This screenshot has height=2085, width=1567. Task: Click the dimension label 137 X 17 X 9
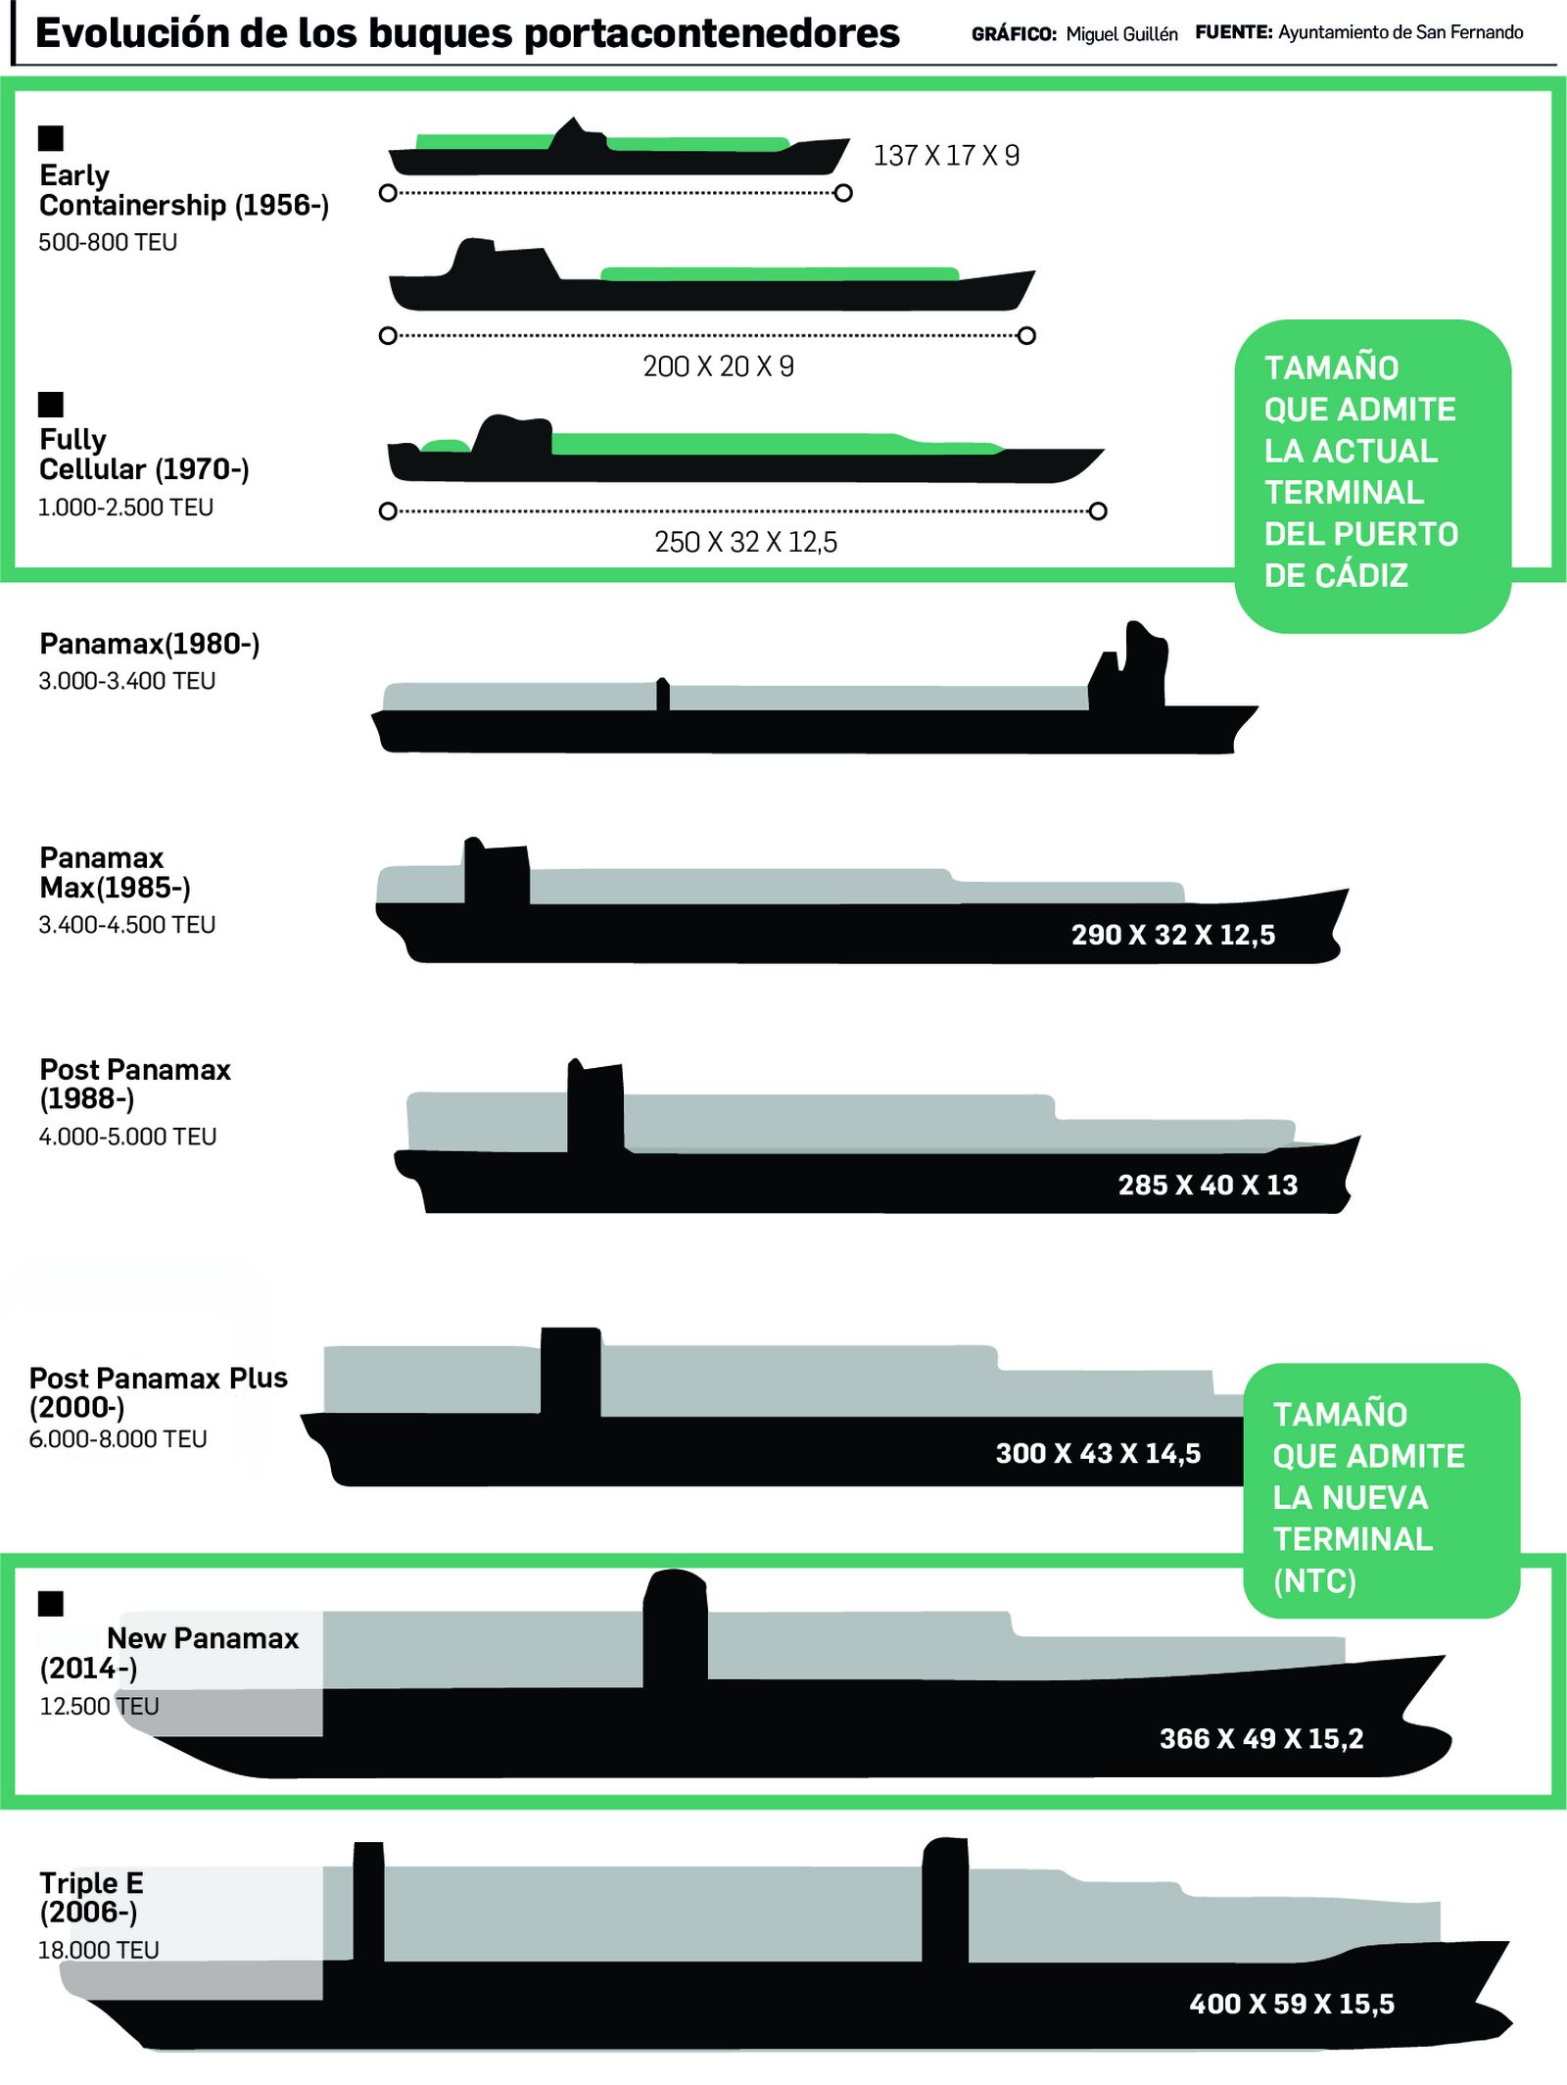coord(946,156)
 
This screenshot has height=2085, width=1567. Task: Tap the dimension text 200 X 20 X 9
coord(718,366)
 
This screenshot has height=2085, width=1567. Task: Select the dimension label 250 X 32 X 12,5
coord(745,542)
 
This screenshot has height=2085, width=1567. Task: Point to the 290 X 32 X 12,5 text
coord(1172,935)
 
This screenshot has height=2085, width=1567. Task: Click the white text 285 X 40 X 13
coord(1208,1185)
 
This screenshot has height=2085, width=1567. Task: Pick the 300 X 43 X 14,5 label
coord(1098,1453)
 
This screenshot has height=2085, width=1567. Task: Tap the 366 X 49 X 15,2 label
coord(1261,1738)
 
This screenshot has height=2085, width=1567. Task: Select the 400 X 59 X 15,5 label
coord(1292,2004)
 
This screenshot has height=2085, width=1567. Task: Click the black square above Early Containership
coord(51,138)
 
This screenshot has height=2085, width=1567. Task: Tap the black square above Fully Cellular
coord(51,404)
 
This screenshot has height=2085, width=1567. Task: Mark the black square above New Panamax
coord(51,1603)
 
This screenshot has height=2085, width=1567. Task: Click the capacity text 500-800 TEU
coord(108,242)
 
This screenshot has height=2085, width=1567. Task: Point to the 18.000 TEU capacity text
coord(98,1950)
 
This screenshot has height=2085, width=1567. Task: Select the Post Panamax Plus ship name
coord(158,1378)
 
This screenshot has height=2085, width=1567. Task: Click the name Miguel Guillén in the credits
coord(1121,34)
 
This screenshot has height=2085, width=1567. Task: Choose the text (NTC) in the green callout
coord(1314,1580)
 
